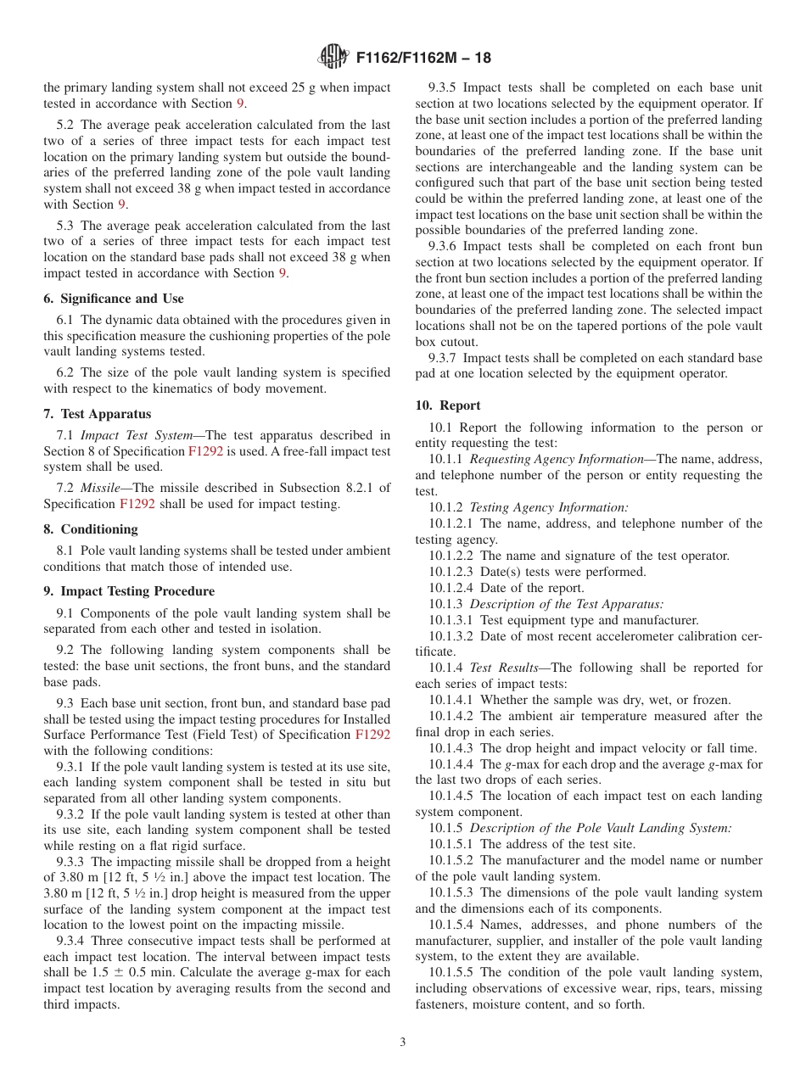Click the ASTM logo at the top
333,58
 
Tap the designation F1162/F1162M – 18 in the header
423,59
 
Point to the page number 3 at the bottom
403,1042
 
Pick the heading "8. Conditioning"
91,529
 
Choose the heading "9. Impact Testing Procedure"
128,591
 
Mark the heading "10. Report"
448,405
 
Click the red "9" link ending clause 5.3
283,273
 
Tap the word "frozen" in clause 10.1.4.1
710,700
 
